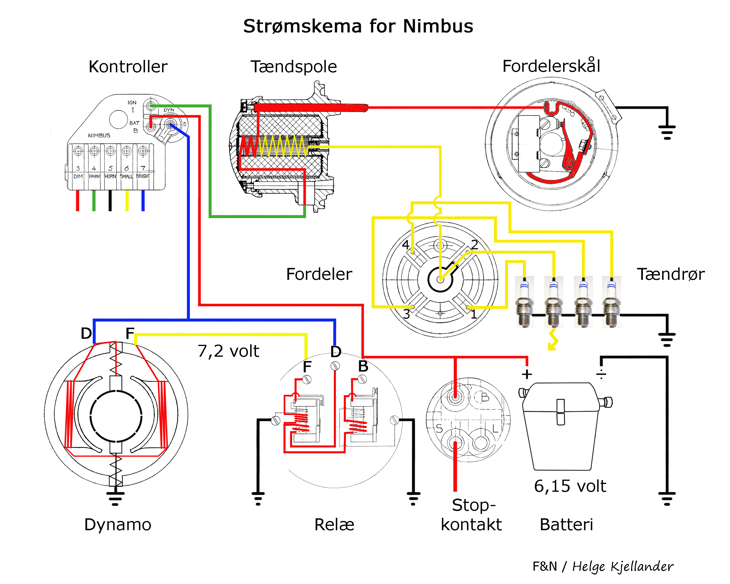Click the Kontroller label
tap(128, 66)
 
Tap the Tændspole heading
tap(293, 66)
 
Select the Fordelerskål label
tap(551, 66)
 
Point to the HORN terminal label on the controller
tap(110, 176)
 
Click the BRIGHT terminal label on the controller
tap(143, 176)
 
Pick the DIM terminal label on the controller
tap(78, 176)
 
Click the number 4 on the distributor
tap(406, 245)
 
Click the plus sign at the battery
tap(527, 374)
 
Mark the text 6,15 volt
tap(570, 486)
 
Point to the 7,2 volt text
tap(228, 351)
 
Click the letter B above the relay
tap(363, 366)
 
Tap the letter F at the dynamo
tap(130, 333)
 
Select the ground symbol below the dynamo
tap(115, 498)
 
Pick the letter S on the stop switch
tap(439, 429)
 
